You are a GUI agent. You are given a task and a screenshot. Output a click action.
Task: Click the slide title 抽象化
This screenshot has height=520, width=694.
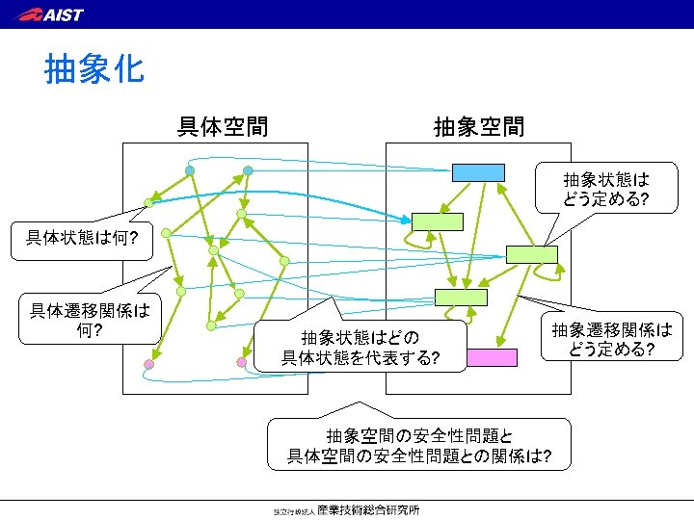coord(94,69)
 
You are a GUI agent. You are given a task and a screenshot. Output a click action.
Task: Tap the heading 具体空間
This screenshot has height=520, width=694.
coord(223,126)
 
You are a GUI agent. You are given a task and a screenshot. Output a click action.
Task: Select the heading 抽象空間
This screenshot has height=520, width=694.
coord(479,126)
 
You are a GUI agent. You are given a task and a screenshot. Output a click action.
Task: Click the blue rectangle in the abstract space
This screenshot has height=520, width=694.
coord(478,172)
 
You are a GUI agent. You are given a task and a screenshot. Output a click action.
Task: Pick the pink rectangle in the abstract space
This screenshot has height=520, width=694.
coord(492,357)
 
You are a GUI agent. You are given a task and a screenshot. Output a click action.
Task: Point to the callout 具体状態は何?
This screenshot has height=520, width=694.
coord(82,237)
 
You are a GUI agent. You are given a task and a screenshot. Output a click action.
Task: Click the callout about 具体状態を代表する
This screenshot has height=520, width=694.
coord(360,348)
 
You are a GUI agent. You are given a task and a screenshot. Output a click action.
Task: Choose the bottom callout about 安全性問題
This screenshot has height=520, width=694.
coord(419,445)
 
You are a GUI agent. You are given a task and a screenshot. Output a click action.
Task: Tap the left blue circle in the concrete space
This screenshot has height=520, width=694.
coord(191,170)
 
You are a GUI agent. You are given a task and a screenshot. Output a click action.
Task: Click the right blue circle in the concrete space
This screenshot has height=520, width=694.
coord(248,170)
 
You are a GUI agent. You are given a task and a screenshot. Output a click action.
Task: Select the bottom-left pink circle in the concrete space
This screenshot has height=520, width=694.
coord(148,364)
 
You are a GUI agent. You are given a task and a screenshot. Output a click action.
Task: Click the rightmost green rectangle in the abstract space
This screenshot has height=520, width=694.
coord(531,254)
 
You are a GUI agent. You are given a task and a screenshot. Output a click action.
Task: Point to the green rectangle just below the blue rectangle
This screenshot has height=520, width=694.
coord(438,221)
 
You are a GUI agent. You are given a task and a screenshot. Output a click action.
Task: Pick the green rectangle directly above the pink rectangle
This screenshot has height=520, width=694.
coord(460,297)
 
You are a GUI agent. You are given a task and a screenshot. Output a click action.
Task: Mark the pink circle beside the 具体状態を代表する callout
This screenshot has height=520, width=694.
coord(242,362)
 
